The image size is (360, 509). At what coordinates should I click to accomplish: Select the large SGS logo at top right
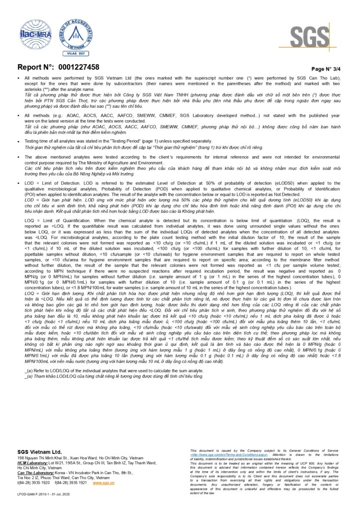[309, 38]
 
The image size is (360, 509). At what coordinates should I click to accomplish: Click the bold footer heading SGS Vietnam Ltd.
[40, 452]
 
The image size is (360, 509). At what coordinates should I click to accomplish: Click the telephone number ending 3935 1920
[33, 483]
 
